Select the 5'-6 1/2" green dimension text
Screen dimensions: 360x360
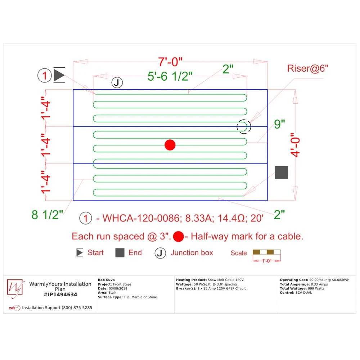coord(170,76)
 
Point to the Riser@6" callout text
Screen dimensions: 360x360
coord(308,68)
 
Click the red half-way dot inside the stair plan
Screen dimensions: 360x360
coord(170,145)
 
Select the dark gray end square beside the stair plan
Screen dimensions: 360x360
coord(282,172)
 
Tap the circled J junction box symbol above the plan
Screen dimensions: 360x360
coord(116,82)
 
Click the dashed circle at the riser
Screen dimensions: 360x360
coord(244,126)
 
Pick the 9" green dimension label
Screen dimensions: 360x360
coord(279,125)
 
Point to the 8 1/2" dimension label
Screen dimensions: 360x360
coord(47,215)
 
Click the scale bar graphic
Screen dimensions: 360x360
coord(267,252)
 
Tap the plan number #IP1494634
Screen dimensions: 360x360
coord(60,294)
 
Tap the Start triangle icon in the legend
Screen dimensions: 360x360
coord(80,253)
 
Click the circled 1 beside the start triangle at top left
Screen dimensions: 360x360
coord(45,76)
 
